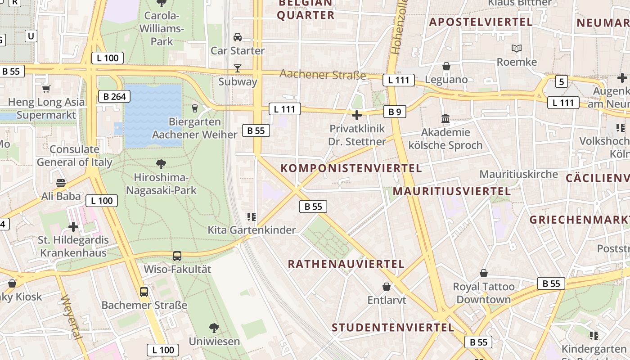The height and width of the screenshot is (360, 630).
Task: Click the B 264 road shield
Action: [114, 96]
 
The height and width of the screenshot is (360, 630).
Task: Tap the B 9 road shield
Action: [395, 112]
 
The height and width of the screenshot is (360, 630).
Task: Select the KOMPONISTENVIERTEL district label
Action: [351, 168]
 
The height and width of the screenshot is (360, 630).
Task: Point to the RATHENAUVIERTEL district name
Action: [346, 264]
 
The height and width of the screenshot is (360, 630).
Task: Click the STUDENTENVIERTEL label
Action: [393, 327]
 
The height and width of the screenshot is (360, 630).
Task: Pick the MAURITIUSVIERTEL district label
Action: [451, 191]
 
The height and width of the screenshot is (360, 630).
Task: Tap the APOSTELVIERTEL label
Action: [481, 22]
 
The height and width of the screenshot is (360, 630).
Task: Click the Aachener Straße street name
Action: [323, 74]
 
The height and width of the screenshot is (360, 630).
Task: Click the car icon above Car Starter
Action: [238, 37]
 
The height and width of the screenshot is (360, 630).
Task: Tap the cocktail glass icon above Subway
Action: [238, 68]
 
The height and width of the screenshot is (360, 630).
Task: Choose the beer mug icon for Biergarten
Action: [195, 108]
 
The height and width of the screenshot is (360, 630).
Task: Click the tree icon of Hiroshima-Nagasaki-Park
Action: [161, 164]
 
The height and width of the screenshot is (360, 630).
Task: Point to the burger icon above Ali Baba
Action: [61, 183]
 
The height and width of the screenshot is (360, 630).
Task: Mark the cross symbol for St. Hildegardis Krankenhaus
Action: [73, 227]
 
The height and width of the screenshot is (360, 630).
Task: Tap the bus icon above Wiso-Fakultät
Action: [177, 256]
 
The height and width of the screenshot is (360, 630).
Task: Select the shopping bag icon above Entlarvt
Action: [387, 287]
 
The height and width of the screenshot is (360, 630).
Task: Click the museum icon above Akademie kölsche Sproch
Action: [445, 119]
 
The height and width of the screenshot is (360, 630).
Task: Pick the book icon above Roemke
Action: [517, 48]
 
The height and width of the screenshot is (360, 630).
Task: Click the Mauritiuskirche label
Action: [518, 174]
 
